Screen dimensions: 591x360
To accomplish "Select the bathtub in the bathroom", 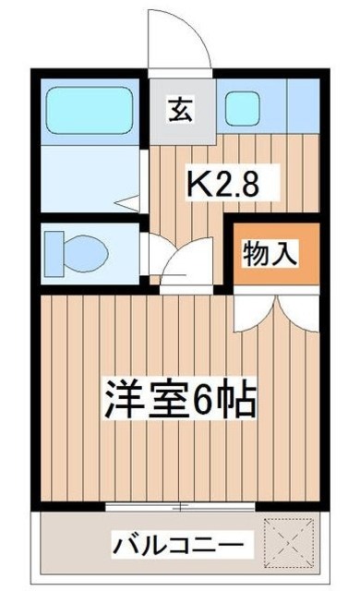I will [90, 115].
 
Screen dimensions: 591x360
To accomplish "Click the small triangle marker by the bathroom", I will [132, 198].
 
